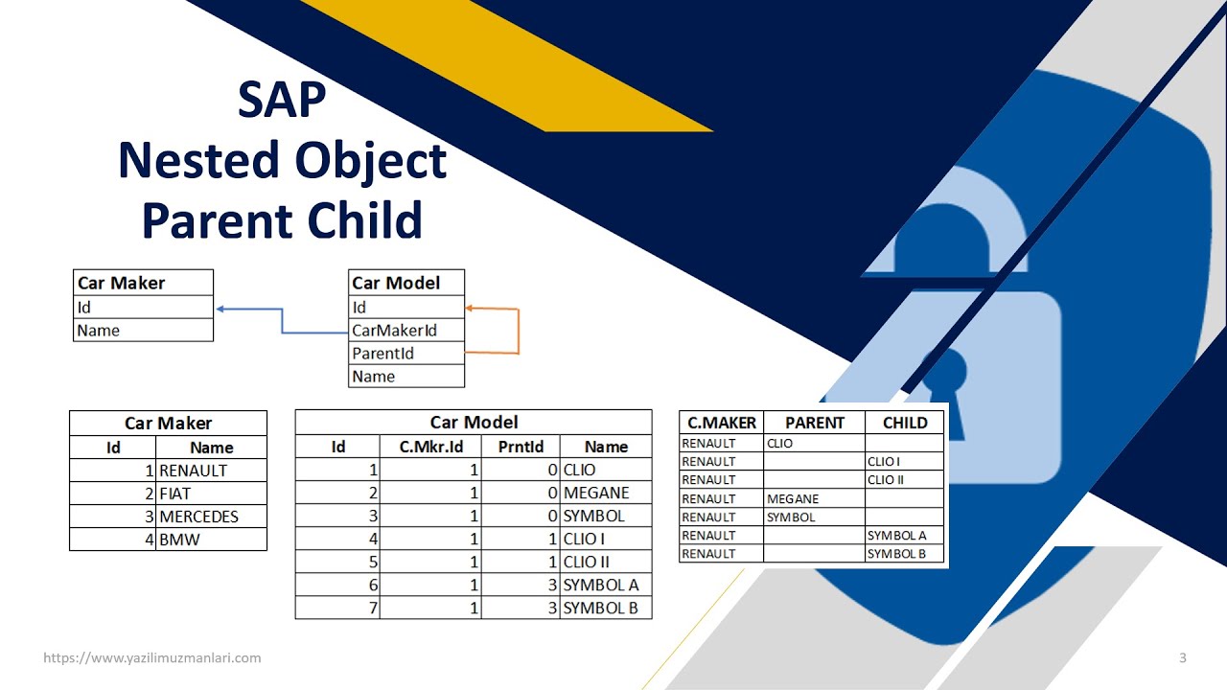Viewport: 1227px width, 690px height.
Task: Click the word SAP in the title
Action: [x=282, y=100]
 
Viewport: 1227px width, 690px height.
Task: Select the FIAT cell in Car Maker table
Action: [x=211, y=494]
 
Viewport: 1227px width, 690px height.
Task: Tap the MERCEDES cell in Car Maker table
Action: [x=211, y=517]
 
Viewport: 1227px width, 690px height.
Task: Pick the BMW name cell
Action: [x=211, y=540]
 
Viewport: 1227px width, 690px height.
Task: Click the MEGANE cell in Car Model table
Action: [x=605, y=493]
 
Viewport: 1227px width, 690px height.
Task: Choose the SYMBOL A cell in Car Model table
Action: [x=605, y=585]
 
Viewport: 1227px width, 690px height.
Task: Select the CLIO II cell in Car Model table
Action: [x=605, y=562]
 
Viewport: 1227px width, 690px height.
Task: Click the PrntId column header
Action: [x=521, y=447]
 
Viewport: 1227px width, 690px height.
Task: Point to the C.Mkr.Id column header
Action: [x=430, y=447]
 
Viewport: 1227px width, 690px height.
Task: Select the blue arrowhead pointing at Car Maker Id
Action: [x=220, y=309]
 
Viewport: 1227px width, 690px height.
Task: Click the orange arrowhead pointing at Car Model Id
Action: [x=470, y=309]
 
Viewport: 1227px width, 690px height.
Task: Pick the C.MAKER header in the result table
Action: [x=722, y=423]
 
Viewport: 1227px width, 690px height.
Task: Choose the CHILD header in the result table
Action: [x=904, y=423]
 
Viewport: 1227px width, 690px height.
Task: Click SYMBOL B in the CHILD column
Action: [x=896, y=554]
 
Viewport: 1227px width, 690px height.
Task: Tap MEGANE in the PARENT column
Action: [x=793, y=499]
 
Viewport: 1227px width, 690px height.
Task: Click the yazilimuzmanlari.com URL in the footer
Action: [x=152, y=658]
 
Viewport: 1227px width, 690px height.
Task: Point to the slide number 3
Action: [x=1182, y=658]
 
